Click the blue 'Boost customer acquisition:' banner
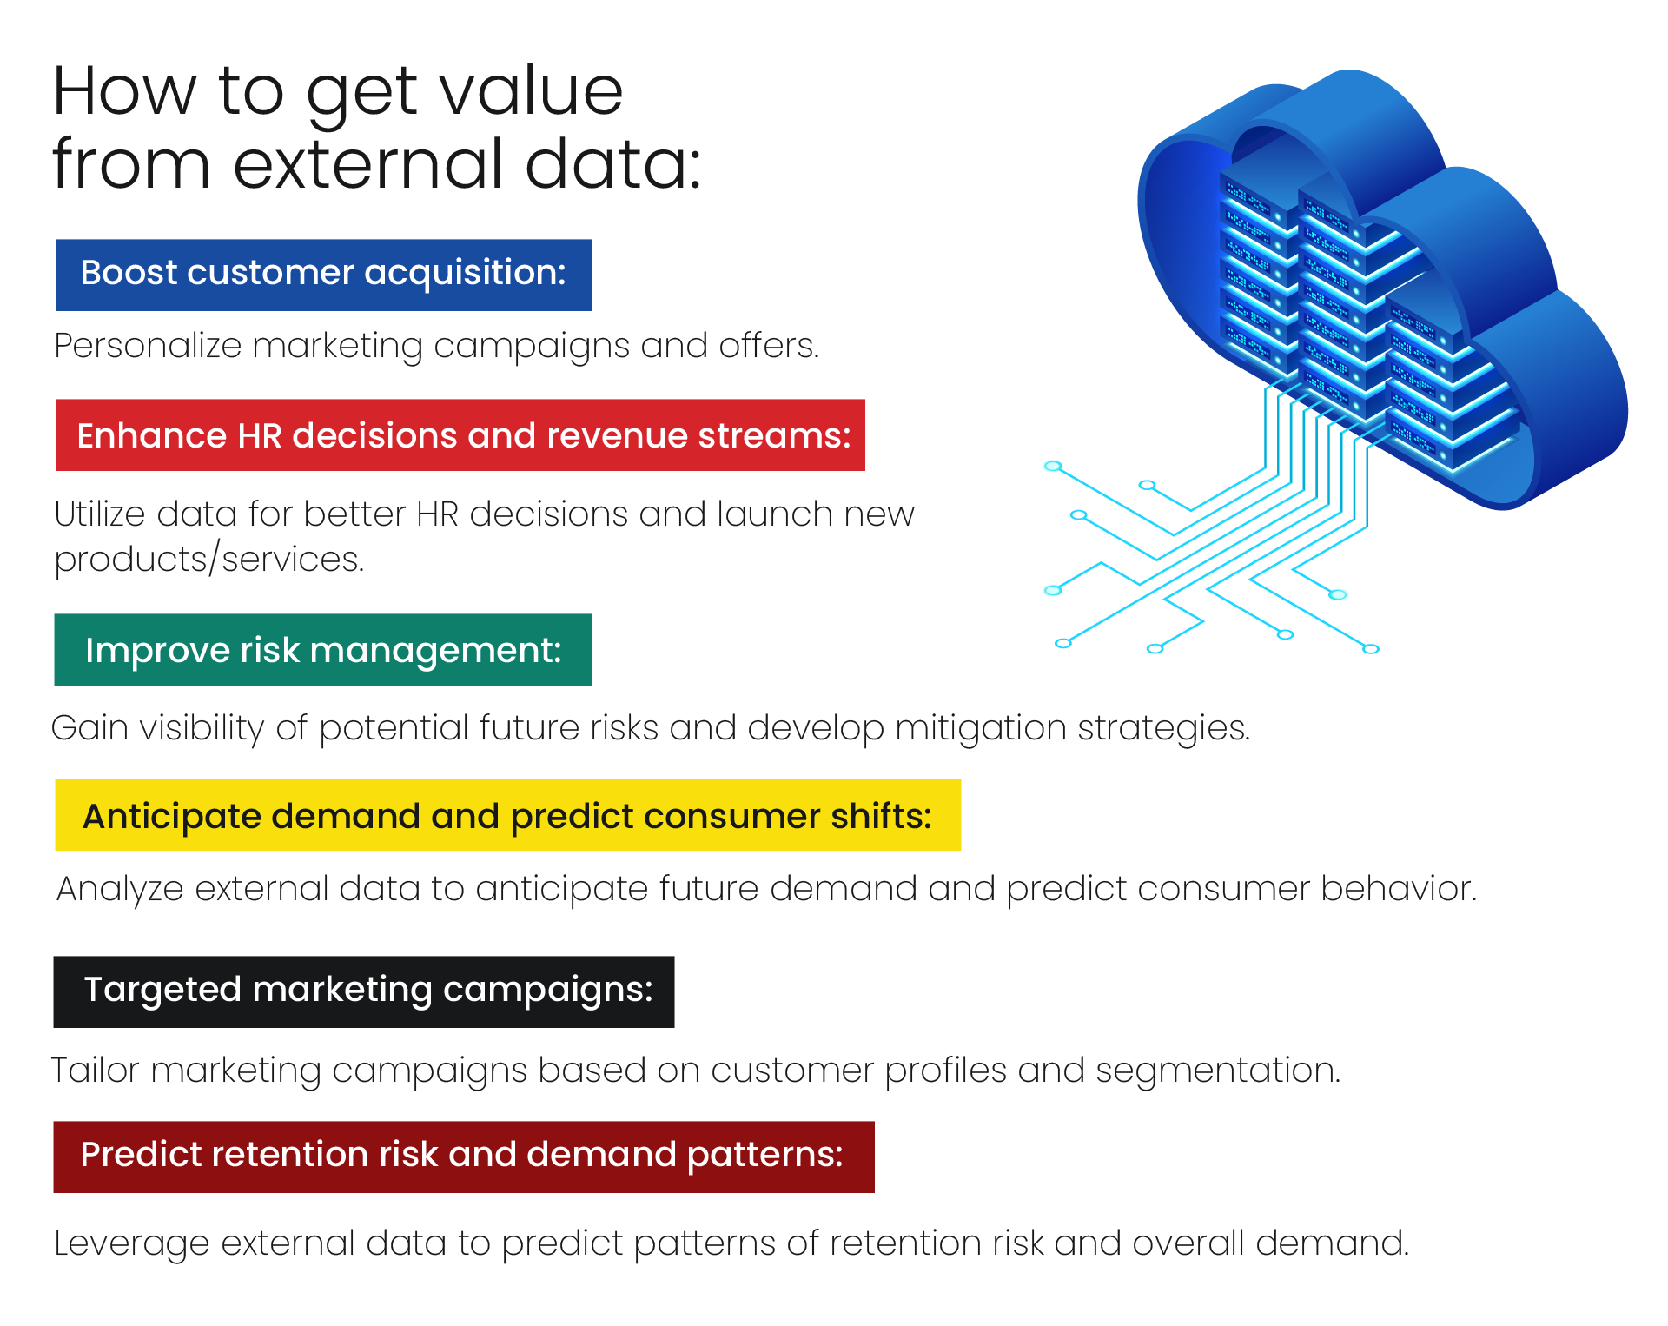click(323, 275)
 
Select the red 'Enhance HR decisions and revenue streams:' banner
click(460, 435)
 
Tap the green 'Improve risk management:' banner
click(322, 650)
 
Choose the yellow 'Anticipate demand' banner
click(508, 815)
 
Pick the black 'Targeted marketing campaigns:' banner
click(364, 992)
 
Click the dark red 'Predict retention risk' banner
click(464, 1157)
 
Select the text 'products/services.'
click(209, 560)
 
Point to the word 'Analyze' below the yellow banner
click(120, 890)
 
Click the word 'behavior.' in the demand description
click(1399, 889)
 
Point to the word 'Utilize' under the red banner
click(100, 514)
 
